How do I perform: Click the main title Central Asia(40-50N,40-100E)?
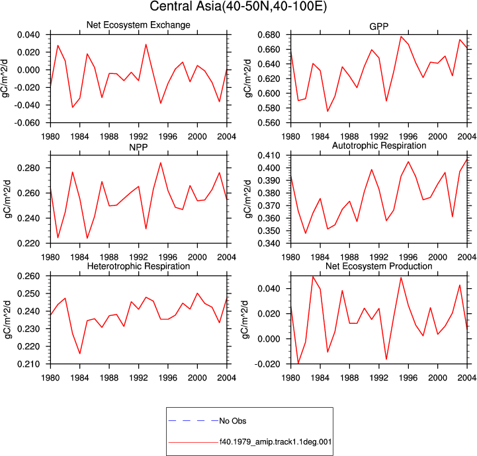[x=238, y=7]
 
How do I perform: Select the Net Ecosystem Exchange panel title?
[x=138, y=25]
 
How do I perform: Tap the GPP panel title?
[x=378, y=26]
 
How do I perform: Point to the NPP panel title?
[x=138, y=147]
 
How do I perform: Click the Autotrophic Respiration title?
[x=379, y=146]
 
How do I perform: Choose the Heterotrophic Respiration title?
[x=138, y=266]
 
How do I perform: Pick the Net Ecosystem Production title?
[x=378, y=266]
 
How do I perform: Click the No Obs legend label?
[x=233, y=421]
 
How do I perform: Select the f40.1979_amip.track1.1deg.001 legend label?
[x=275, y=441]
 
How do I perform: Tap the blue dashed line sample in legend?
[x=193, y=421]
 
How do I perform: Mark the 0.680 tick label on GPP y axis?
[x=269, y=35]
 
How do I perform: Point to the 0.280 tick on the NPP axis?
[x=29, y=168]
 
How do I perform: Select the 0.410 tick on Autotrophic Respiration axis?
[x=269, y=155]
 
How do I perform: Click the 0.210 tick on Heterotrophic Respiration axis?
[x=29, y=364]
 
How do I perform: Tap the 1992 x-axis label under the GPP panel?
[x=379, y=137]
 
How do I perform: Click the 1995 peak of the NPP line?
[x=161, y=163]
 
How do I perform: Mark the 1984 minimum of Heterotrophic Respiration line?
[x=79, y=354]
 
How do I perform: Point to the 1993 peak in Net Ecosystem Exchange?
[x=146, y=44]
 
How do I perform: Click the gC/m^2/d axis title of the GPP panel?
[x=248, y=79]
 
